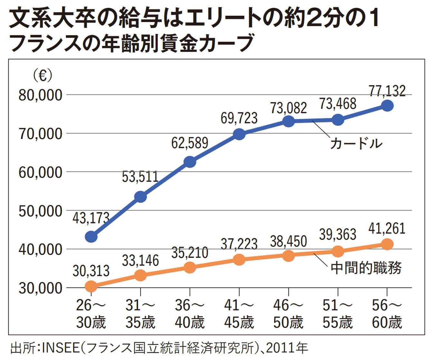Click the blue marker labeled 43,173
pyautogui.click(x=91, y=237)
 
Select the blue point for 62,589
pyautogui.click(x=190, y=162)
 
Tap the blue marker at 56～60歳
pyautogui.click(x=387, y=105)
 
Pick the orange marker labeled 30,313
pyautogui.click(x=91, y=286)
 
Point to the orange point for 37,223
pyautogui.click(x=239, y=259)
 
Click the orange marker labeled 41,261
pyautogui.click(x=387, y=244)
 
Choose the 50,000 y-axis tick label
pyautogui.click(x=40, y=211)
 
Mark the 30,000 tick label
pyautogui.click(x=40, y=288)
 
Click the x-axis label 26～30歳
pyautogui.click(x=91, y=314)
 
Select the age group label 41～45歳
pyautogui.click(x=239, y=314)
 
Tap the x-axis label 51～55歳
pyautogui.click(x=338, y=314)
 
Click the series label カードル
pyautogui.click(x=356, y=143)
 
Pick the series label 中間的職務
pyautogui.click(x=366, y=268)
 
